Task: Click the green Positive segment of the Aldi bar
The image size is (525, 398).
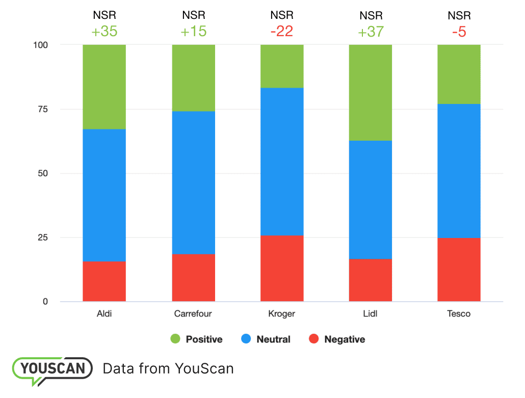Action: pos(104,87)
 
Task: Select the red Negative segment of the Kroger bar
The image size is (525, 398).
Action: pos(282,268)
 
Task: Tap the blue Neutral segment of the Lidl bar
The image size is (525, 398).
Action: pos(371,199)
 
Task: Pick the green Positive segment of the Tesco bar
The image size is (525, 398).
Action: pos(459,74)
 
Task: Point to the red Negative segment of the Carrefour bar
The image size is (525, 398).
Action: pos(193,278)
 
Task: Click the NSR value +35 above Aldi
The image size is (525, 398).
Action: pos(104,32)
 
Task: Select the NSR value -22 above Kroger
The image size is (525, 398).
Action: pos(282,32)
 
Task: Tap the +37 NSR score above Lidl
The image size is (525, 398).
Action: pos(371,32)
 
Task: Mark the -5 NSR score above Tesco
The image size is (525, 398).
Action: pos(459,32)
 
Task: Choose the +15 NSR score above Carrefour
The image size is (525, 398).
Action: pos(193,32)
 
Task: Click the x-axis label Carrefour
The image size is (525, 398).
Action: pos(193,313)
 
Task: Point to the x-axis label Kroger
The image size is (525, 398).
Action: pos(282,313)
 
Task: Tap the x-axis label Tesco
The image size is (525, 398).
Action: pos(459,313)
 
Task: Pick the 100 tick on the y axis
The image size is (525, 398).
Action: pos(41,45)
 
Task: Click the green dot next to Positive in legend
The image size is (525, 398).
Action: pos(175,339)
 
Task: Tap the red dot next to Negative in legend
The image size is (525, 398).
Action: pos(314,339)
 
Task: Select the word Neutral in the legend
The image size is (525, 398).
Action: pos(273,339)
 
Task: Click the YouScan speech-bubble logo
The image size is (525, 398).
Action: pos(52,369)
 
